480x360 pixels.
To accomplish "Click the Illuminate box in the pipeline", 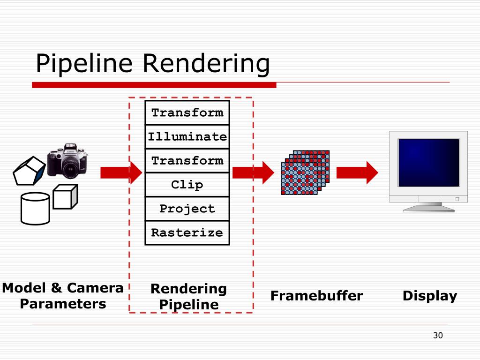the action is tap(187, 136).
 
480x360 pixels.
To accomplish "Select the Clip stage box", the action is tap(187, 185).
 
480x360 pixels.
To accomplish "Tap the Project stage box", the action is tap(187, 209).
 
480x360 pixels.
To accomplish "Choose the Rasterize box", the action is tap(187, 232).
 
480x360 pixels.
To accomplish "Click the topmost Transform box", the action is tap(187, 112).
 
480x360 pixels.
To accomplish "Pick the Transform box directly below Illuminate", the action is tap(187, 161).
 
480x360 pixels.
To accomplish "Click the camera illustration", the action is tap(67, 161).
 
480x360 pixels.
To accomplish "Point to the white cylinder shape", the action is tap(35, 209).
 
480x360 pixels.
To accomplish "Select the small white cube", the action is tap(65, 197).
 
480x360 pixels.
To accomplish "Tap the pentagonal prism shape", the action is tap(29, 171).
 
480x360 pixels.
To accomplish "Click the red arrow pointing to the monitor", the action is tap(357, 172).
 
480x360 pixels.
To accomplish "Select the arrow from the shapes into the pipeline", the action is tap(121, 172).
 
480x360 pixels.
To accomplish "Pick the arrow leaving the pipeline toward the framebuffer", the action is tap(253, 172).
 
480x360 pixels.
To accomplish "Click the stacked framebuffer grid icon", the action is tap(305, 172).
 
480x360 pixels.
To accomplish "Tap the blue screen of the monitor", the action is tap(428, 163).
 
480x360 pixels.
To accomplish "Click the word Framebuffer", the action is tap(316, 296).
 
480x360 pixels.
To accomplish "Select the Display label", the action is tap(430, 296).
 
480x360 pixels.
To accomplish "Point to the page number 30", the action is tap(438, 336).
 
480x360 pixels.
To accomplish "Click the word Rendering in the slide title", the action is tap(206, 64).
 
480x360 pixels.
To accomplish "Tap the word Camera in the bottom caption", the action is tap(95, 288).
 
